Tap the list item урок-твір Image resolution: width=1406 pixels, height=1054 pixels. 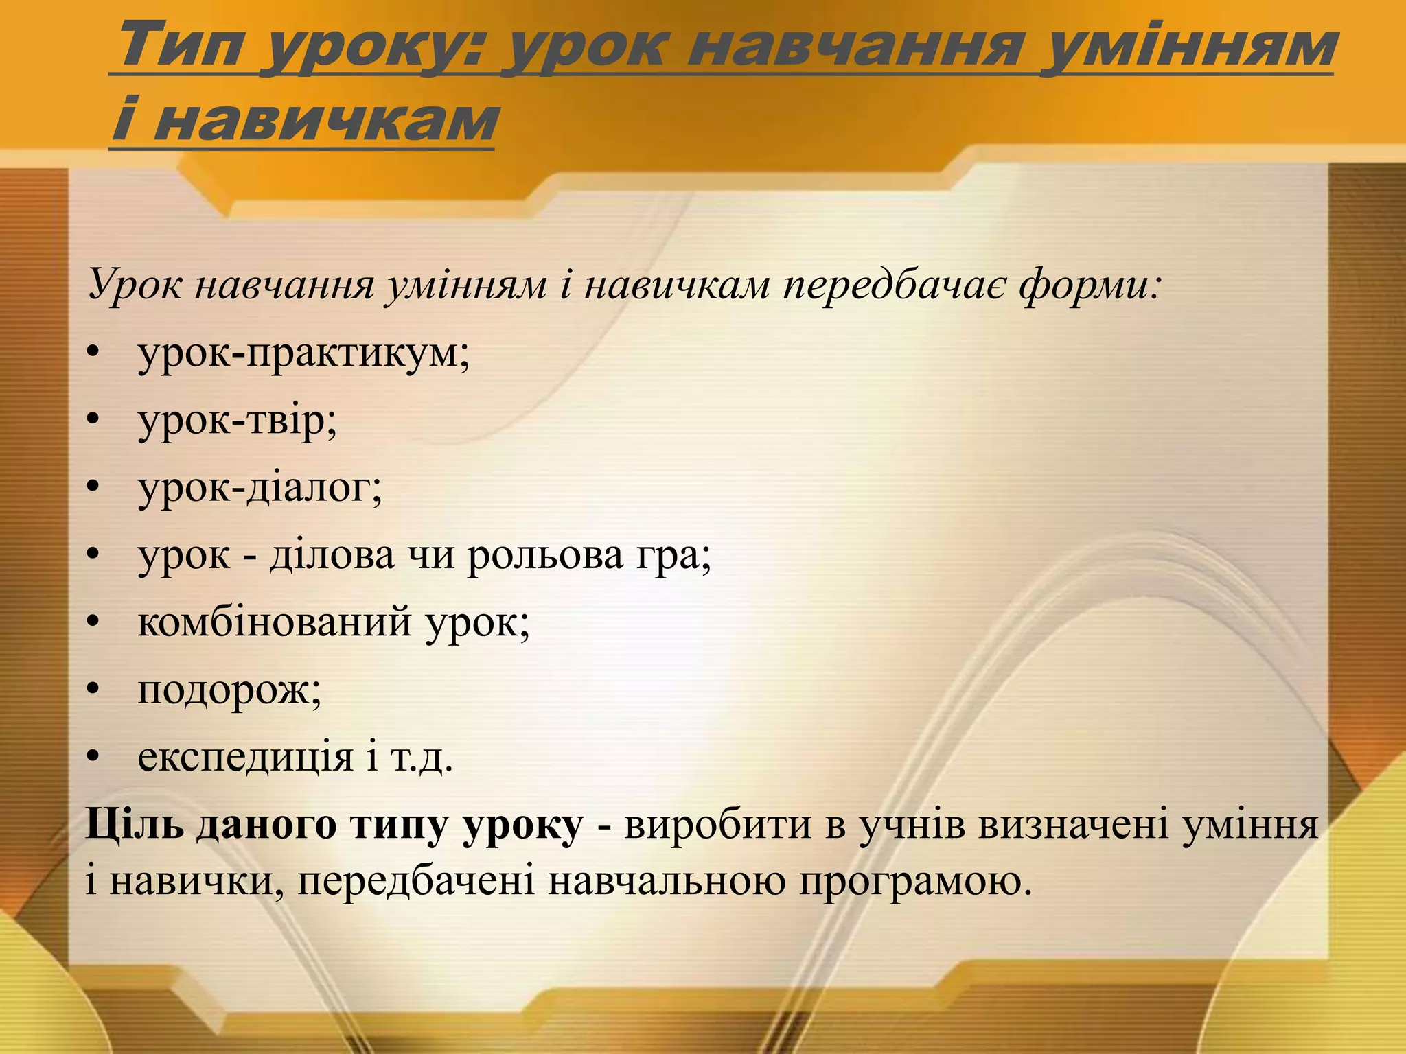238,420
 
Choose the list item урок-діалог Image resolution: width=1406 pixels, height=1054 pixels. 260,487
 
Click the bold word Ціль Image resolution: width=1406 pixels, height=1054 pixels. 135,824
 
